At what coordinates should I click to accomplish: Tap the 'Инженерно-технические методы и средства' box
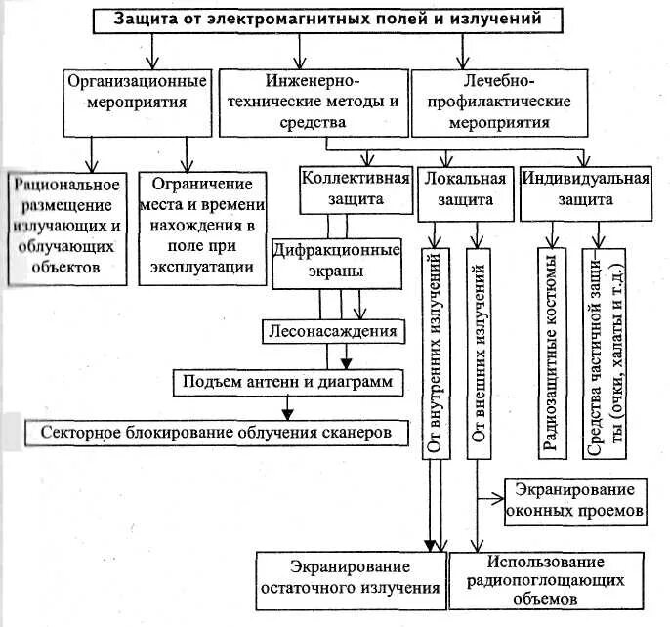313,101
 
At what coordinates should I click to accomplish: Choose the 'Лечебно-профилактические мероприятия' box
498,101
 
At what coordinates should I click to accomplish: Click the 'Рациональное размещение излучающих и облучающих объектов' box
66,228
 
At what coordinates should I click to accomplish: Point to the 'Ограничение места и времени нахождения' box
201,228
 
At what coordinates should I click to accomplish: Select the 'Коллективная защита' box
356,189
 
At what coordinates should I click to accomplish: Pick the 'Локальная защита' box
465,189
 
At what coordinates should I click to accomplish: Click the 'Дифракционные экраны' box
336,259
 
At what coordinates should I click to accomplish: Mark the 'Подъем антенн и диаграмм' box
288,382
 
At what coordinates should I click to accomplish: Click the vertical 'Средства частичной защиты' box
607,353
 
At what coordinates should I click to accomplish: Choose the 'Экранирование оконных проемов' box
573,499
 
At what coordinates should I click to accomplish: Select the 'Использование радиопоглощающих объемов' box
547,579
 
